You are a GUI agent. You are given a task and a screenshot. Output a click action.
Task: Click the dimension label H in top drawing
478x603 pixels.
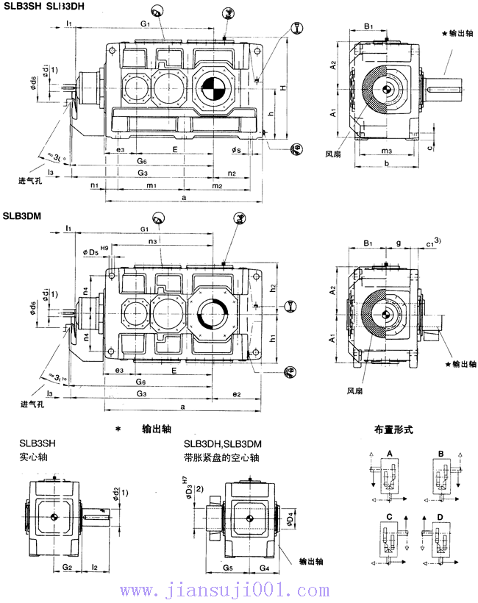point(282,89)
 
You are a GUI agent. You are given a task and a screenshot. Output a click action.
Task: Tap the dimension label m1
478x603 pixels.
point(151,186)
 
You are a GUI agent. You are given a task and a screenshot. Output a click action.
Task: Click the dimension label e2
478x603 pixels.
point(237,395)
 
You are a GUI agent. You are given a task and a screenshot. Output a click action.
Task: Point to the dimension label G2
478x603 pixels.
point(66,567)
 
